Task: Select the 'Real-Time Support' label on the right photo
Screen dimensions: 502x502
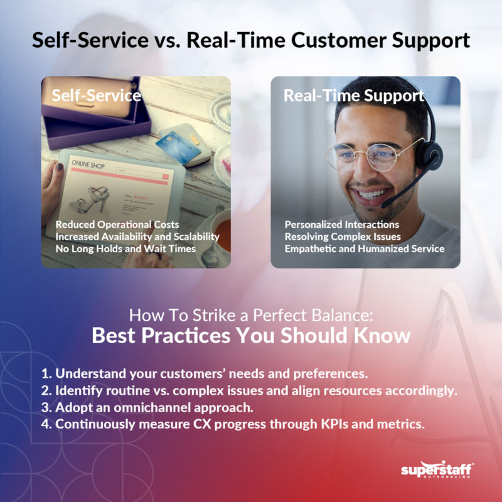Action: tap(354, 96)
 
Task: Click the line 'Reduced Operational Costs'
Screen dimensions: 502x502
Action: tap(117, 224)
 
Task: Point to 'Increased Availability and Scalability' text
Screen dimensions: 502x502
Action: tap(137, 237)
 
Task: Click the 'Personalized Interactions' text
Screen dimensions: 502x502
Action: tap(342, 224)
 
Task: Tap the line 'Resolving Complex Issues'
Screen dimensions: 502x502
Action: tap(343, 237)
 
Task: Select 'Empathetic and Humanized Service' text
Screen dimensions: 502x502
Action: tap(365, 248)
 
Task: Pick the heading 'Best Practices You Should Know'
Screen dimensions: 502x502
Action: tap(251, 335)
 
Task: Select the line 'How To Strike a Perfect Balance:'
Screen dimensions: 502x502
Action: tap(251, 314)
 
